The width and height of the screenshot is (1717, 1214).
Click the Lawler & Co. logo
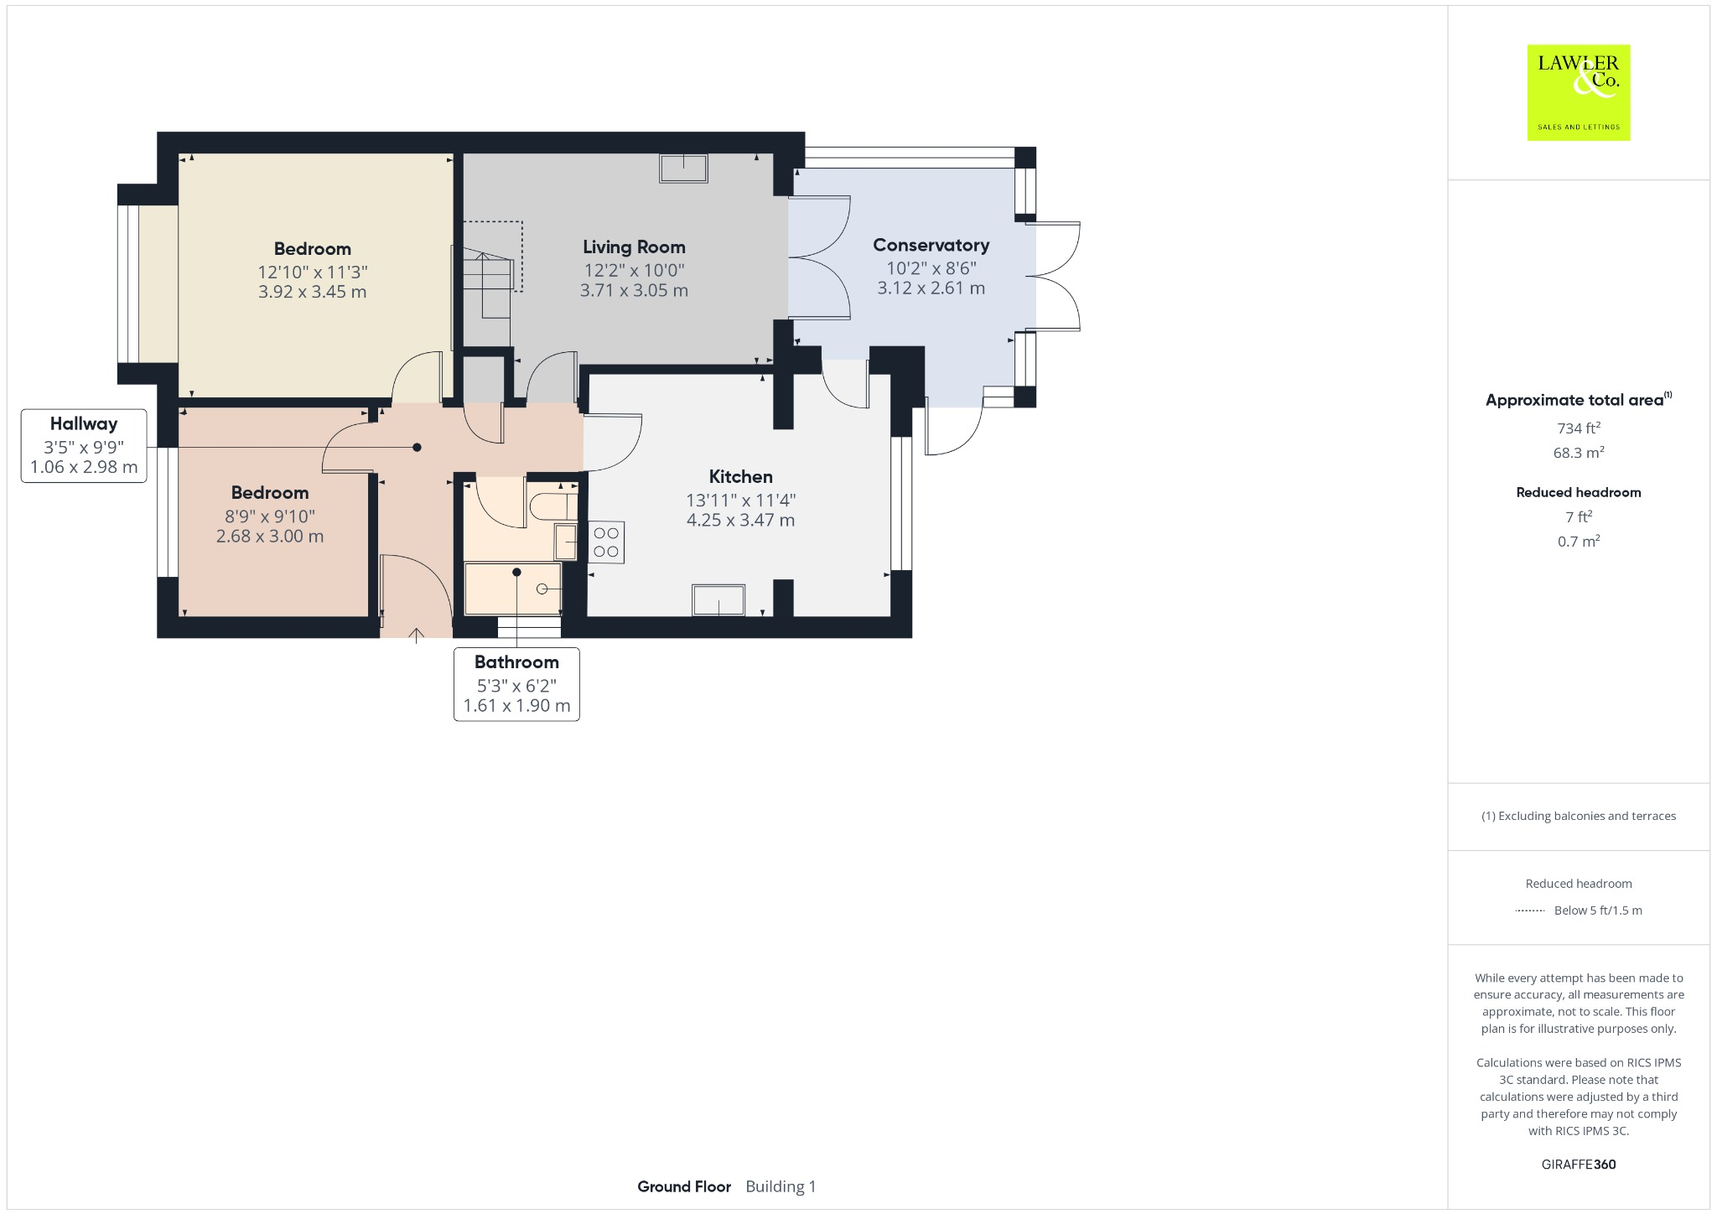coord(1578,92)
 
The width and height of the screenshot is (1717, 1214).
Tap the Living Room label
coord(634,247)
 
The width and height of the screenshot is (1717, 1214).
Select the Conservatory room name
coord(931,245)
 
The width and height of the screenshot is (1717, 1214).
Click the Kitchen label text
coord(740,477)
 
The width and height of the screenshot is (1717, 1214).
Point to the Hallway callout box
coord(84,445)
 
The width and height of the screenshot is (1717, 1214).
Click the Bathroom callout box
coord(516,683)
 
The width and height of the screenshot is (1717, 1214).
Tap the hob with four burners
coord(606,542)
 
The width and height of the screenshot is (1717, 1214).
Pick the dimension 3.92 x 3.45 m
coord(312,293)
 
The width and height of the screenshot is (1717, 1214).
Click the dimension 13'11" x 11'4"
coord(740,501)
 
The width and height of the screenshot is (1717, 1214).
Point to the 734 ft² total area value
coord(1578,428)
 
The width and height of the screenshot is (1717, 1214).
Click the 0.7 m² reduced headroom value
coord(1578,542)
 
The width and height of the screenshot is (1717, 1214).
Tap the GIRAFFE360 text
coord(1578,1165)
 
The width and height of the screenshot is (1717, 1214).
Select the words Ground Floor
coord(683,1186)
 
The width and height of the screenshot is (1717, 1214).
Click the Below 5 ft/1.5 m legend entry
coord(1597,910)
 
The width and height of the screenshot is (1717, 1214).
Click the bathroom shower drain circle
coord(542,589)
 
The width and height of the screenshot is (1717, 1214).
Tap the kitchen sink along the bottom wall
coord(718,600)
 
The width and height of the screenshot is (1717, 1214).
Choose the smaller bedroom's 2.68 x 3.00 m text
coord(269,537)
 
